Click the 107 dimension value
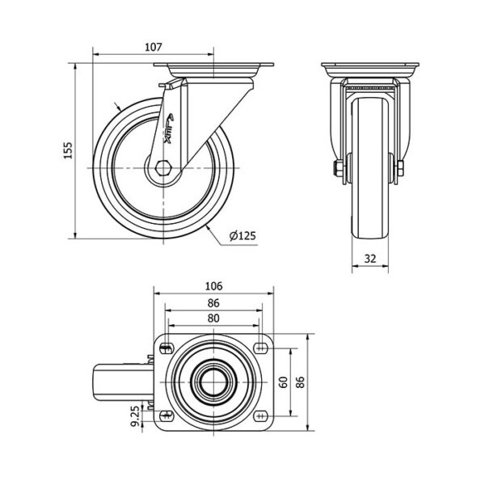(154, 47)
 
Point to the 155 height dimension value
(68, 150)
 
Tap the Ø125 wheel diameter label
(242, 236)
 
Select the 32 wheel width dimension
(370, 259)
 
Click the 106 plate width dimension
(213, 286)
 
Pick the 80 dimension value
(213, 318)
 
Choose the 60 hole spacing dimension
(284, 382)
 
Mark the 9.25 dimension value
(135, 416)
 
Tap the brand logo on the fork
(168, 129)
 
